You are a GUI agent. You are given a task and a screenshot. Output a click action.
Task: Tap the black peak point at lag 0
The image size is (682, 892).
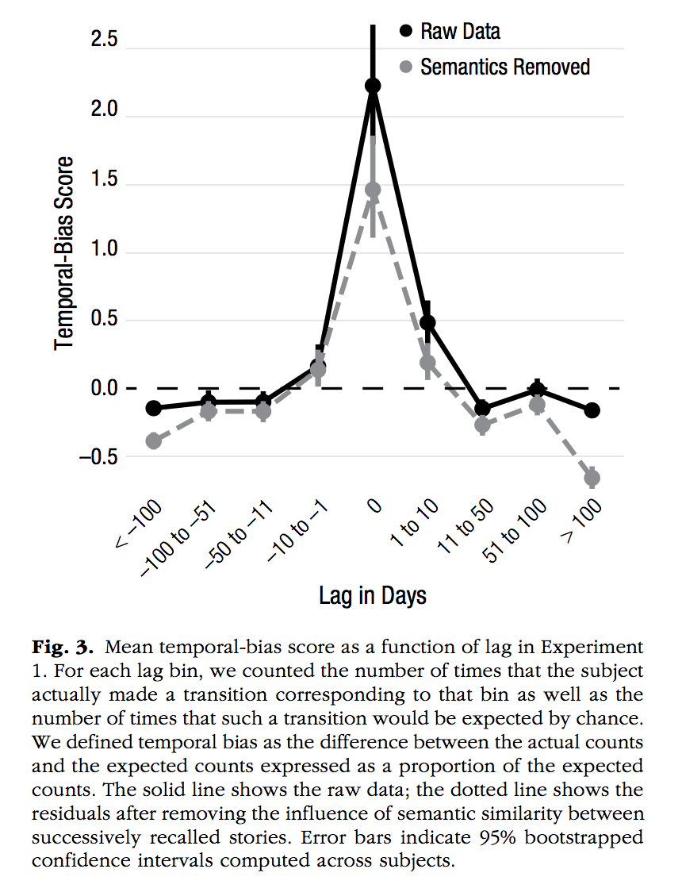[x=373, y=86]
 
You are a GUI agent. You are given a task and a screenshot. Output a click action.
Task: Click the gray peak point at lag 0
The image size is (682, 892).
[x=373, y=190]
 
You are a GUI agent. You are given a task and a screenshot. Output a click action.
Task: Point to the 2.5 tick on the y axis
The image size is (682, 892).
[x=101, y=40]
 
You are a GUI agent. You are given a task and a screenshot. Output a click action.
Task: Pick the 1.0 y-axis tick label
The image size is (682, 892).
[x=101, y=251]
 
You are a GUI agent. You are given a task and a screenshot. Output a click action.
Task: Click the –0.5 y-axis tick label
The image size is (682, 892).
[x=95, y=457]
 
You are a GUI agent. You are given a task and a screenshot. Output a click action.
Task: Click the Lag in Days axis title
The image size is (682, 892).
[x=373, y=595]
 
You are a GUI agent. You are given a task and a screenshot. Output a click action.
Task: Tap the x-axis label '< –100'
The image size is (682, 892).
[x=140, y=525]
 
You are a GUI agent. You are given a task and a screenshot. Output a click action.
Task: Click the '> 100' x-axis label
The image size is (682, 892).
[x=581, y=522]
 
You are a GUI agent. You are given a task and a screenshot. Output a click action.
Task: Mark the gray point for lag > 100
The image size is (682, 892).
[x=592, y=478]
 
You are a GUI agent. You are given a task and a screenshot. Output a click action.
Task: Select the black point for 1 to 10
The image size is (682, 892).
[x=427, y=322]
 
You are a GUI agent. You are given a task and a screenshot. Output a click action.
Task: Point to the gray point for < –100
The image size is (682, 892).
[x=154, y=441]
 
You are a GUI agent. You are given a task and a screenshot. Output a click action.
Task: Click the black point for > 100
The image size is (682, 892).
[x=592, y=410]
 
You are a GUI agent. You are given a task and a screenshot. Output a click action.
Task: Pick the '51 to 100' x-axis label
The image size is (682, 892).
[x=516, y=531]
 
